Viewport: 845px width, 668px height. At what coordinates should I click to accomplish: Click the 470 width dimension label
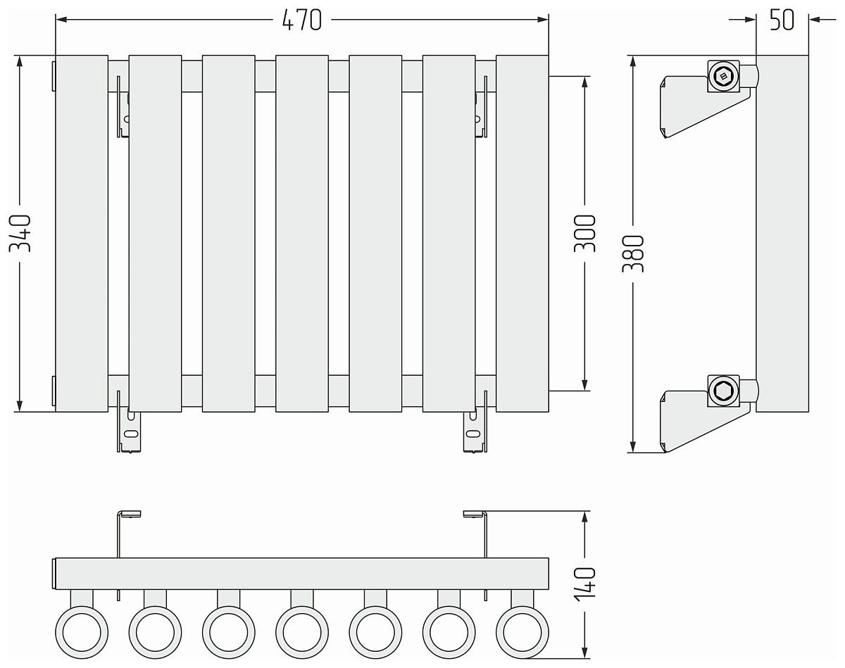point(301,20)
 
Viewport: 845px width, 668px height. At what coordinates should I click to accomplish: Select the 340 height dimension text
point(20,234)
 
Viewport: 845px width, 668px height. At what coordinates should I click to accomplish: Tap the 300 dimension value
point(585,234)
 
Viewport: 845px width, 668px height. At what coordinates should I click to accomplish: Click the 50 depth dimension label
point(782,20)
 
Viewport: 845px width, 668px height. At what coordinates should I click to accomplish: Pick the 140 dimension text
point(585,584)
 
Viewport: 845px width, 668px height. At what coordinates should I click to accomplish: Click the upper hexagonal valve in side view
point(723,75)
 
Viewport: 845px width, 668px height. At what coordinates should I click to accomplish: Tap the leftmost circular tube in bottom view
point(82,631)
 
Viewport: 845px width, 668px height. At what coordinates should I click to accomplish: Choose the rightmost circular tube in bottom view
point(522,631)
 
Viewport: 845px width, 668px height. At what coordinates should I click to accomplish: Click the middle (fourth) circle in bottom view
point(302,631)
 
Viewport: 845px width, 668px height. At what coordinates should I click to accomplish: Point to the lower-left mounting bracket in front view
point(130,431)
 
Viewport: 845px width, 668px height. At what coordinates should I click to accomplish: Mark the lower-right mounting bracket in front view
point(474,431)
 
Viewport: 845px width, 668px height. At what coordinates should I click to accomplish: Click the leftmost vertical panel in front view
point(82,233)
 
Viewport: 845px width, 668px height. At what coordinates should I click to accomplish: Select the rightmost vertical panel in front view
point(522,233)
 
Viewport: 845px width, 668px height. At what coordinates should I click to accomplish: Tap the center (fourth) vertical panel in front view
point(302,233)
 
